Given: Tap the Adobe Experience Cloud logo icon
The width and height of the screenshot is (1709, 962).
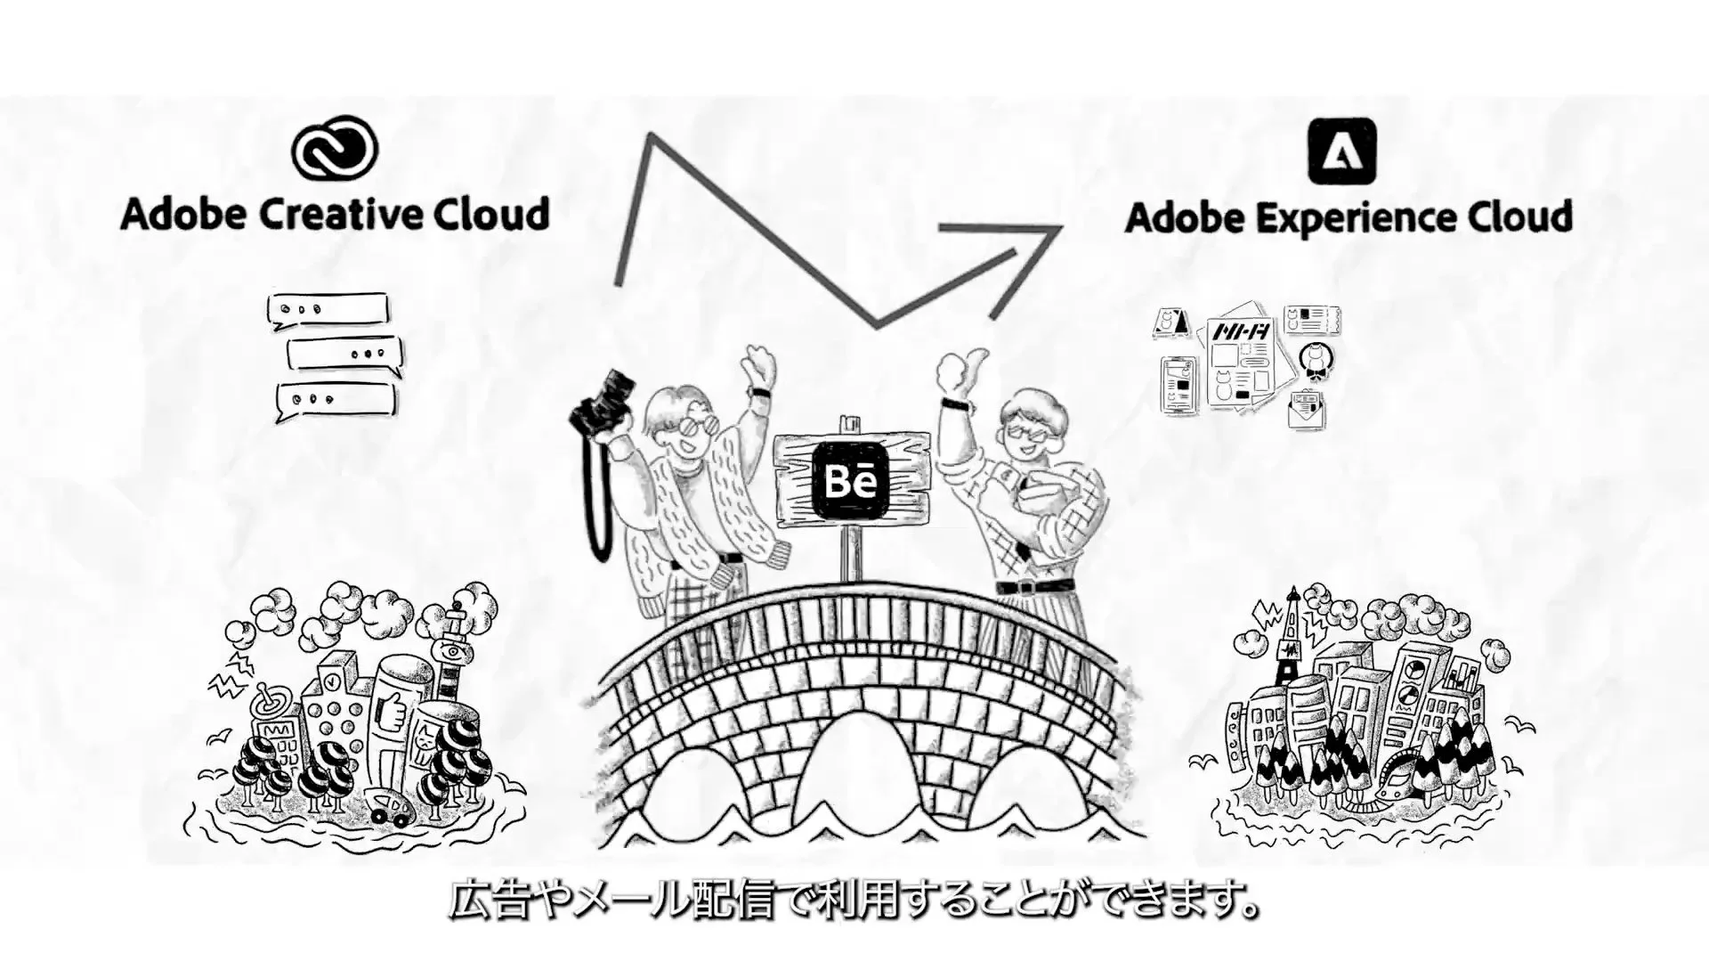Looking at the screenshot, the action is pos(1341,152).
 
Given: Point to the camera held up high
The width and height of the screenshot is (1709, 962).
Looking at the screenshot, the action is pos(605,405).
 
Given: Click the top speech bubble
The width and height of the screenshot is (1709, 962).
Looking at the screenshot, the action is pos(328,310).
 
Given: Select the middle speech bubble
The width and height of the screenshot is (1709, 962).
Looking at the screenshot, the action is pos(344,354).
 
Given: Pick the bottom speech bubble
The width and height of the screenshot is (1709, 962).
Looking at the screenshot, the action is pos(336,400).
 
